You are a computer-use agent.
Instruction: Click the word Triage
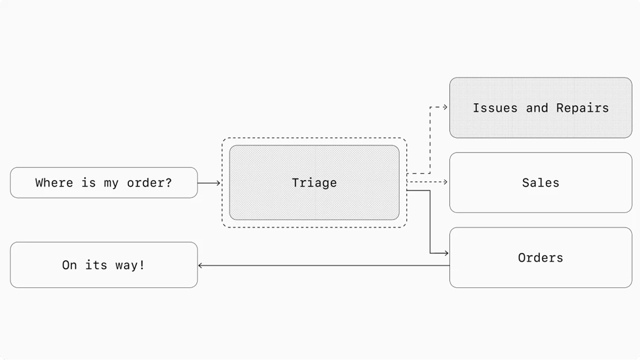314,183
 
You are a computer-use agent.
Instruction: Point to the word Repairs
582,108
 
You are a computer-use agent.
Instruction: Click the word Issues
495,108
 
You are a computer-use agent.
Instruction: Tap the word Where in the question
54,183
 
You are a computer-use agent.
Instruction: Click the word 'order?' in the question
149,183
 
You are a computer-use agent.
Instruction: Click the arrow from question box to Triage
209,183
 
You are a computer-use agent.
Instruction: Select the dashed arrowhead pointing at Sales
446,182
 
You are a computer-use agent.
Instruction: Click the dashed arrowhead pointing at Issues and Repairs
446,107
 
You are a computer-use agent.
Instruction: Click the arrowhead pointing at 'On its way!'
201,265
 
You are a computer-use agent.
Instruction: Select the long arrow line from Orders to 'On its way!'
323,265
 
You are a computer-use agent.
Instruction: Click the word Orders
540,258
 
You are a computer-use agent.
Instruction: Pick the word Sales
540,183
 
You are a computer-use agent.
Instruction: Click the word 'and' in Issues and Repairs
537,108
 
